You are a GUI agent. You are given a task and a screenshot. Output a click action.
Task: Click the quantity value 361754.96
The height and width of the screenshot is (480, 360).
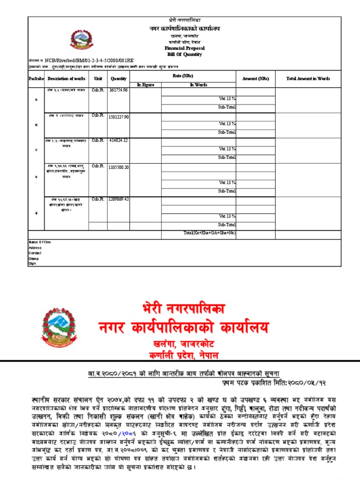tap(119, 90)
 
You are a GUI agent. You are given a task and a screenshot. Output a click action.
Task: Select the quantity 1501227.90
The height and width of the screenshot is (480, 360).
tap(119, 116)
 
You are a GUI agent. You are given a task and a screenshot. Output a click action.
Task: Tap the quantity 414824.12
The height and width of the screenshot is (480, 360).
tap(119, 140)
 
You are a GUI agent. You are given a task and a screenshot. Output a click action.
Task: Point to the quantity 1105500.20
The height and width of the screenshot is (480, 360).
tap(119, 167)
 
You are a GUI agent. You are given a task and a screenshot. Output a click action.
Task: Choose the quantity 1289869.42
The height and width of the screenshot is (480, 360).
tap(119, 199)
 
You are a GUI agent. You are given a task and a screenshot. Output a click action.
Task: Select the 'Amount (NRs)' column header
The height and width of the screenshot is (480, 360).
tap(255, 79)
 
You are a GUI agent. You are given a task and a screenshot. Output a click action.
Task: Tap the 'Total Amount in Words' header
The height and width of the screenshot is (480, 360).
tap(308, 79)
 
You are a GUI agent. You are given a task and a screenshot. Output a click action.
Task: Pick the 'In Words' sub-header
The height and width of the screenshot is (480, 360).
tap(198, 85)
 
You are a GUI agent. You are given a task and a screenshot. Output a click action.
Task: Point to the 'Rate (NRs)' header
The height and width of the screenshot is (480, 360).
tap(183, 75)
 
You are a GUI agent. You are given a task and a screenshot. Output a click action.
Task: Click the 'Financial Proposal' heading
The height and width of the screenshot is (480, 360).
tap(184, 48)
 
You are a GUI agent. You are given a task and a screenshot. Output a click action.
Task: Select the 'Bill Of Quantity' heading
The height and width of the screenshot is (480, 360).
tap(184, 54)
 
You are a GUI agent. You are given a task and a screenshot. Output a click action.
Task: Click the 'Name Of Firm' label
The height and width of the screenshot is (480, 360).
tap(39, 242)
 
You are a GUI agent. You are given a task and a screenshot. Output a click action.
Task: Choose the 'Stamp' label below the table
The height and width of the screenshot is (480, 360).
tap(34, 258)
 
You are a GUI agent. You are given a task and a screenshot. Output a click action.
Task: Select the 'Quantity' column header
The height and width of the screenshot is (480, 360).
tap(118, 79)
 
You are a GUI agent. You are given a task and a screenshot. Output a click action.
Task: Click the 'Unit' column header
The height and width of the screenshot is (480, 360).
tap(98, 79)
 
